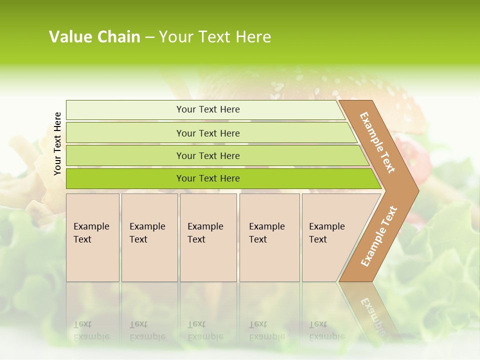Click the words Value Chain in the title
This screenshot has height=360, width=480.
[x=94, y=37]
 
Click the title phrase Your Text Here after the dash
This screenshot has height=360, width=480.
[x=215, y=37]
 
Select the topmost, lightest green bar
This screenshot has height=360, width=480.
[x=125, y=110]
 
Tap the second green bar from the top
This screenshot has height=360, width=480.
[x=125, y=133]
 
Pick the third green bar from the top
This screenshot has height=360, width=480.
[x=125, y=156]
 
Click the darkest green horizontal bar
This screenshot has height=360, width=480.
[x=125, y=178]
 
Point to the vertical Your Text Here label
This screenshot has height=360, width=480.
[x=57, y=143]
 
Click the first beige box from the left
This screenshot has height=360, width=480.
[x=92, y=237]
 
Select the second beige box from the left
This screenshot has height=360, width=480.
[x=149, y=237]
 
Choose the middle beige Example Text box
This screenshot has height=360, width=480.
[x=208, y=237]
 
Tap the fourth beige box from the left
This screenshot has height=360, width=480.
[x=269, y=237]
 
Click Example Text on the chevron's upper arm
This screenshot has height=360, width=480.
[x=377, y=142]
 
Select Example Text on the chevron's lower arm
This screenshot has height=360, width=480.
[x=379, y=236]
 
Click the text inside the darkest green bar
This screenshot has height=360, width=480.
[x=208, y=178]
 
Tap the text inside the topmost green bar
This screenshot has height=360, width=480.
[x=208, y=109]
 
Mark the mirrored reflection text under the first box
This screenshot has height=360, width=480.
[x=91, y=330]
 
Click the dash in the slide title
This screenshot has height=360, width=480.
[x=149, y=37]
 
